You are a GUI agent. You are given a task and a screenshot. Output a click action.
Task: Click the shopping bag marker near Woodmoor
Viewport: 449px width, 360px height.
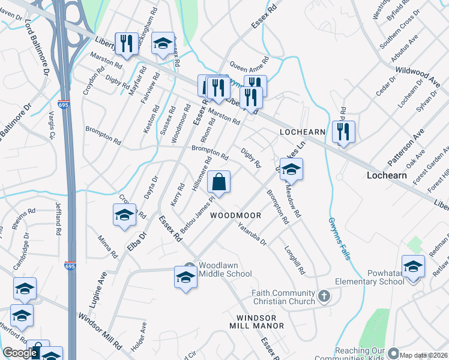[x=218, y=182]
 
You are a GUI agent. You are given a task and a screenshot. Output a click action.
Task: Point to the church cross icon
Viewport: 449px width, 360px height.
[x=324, y=296]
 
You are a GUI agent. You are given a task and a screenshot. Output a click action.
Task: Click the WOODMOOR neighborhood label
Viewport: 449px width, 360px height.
[x=236, y=215]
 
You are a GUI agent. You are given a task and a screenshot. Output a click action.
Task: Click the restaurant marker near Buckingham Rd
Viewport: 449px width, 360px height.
[x=126, y=43]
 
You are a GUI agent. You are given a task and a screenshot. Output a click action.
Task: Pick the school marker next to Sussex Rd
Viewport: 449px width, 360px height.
[x=162, y=43]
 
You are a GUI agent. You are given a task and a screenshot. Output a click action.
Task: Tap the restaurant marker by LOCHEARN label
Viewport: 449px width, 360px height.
[x=343, y=131]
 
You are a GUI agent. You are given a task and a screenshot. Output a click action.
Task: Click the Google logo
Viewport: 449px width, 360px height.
[x=20, y=353]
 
